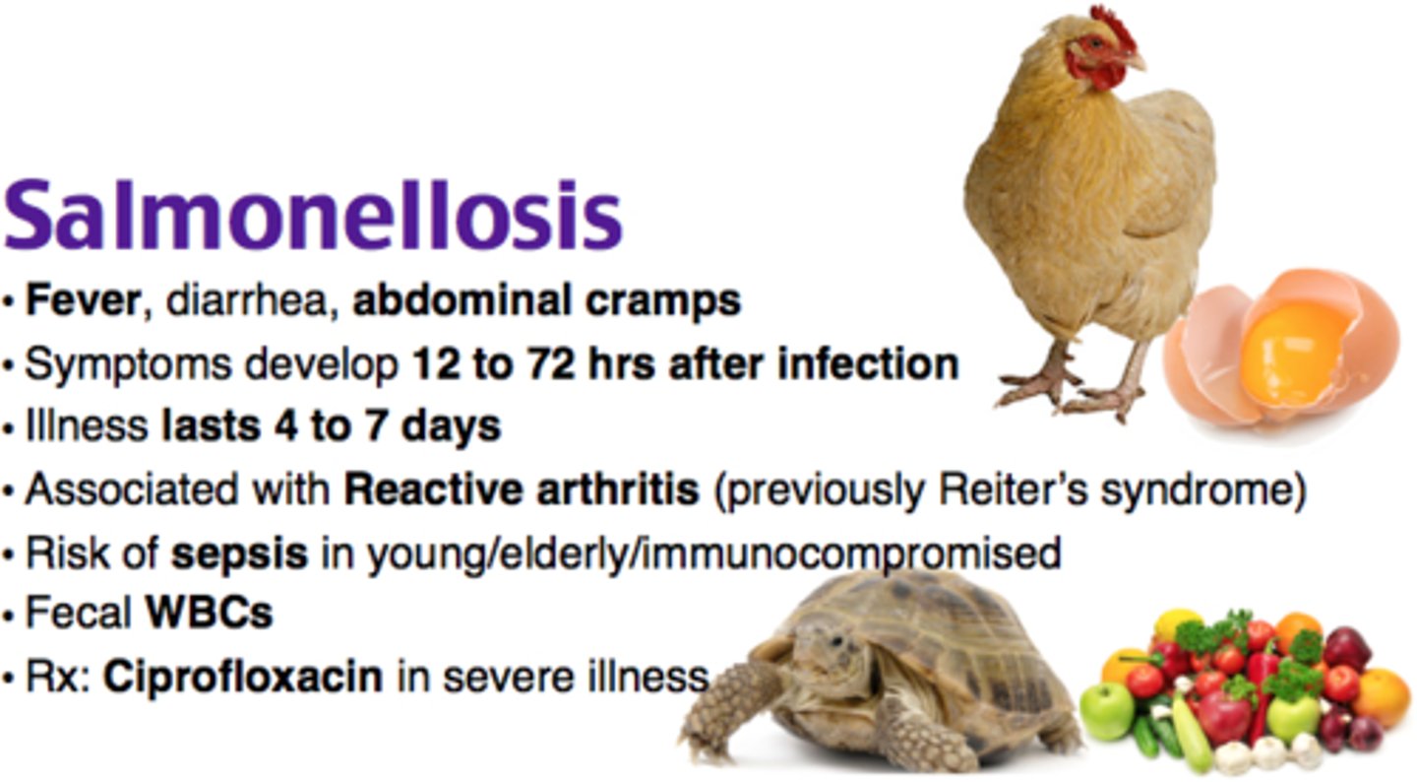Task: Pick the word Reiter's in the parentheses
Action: pos(1013,489)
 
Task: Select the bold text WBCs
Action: pos(209,615)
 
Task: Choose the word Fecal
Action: pos(79,615)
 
